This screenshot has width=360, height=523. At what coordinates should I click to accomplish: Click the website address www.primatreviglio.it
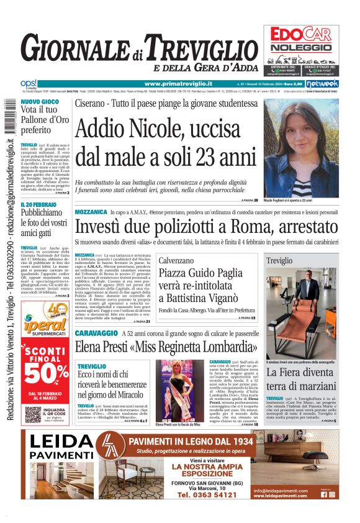click(178, 84)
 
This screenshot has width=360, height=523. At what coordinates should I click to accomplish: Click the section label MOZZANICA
click(95, 212)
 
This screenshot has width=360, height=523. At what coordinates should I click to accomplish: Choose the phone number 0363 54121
click(204, 495)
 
